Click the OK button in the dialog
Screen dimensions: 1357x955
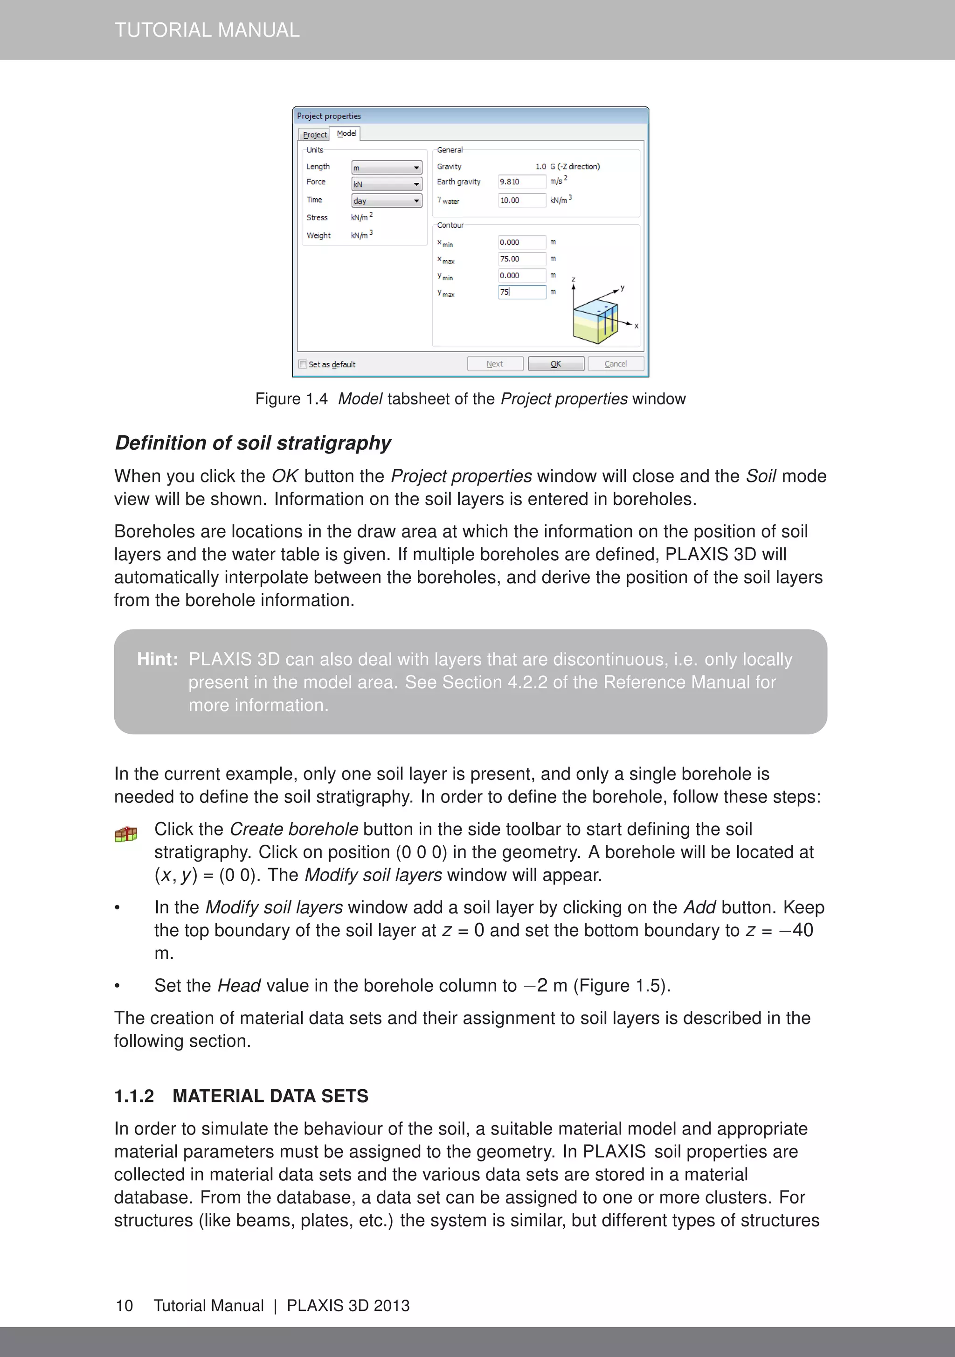click(555, 363)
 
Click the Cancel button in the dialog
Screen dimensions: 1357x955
click(615, 363)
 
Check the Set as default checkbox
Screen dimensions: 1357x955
click(303, 364)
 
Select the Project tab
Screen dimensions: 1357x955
click(314, 135)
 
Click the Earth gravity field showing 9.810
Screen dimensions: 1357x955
click(521, 182)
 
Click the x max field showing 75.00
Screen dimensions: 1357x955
click(521, 259)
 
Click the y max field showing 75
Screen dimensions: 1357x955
click(521, 292)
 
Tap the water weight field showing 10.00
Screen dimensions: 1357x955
click(521, 201)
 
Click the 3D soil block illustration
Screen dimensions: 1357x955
click(595, 322)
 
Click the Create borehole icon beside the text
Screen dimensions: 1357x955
click(126, 834)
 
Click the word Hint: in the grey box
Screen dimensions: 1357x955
click(157, 659)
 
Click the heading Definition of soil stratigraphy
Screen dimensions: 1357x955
click(253, 443)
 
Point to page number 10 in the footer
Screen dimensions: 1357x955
click(124, 1306)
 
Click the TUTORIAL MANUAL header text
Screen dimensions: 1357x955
click(207, 29)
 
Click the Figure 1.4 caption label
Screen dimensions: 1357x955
click(291, 399)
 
